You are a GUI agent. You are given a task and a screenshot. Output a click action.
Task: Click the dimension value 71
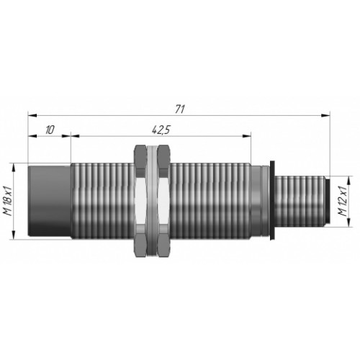click(x=180, y=109)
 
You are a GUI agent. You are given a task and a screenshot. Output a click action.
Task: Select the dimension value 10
click(x=50, y=130)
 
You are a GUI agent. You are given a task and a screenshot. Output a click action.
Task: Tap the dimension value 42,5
click(x=161, y=130)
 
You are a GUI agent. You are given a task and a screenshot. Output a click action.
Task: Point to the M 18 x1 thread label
click(x=9, y=201)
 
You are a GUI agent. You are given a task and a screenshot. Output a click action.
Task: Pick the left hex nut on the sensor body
click(x=140, y=201)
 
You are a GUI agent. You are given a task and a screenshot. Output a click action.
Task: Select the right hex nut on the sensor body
click(x=163, y=201)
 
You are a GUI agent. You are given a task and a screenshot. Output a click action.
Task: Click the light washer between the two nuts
click(x=152, y=201)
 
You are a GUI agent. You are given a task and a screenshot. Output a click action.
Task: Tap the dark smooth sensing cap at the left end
click(x=50, y=201)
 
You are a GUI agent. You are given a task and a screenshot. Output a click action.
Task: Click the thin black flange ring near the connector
click(x=272, y=200)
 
